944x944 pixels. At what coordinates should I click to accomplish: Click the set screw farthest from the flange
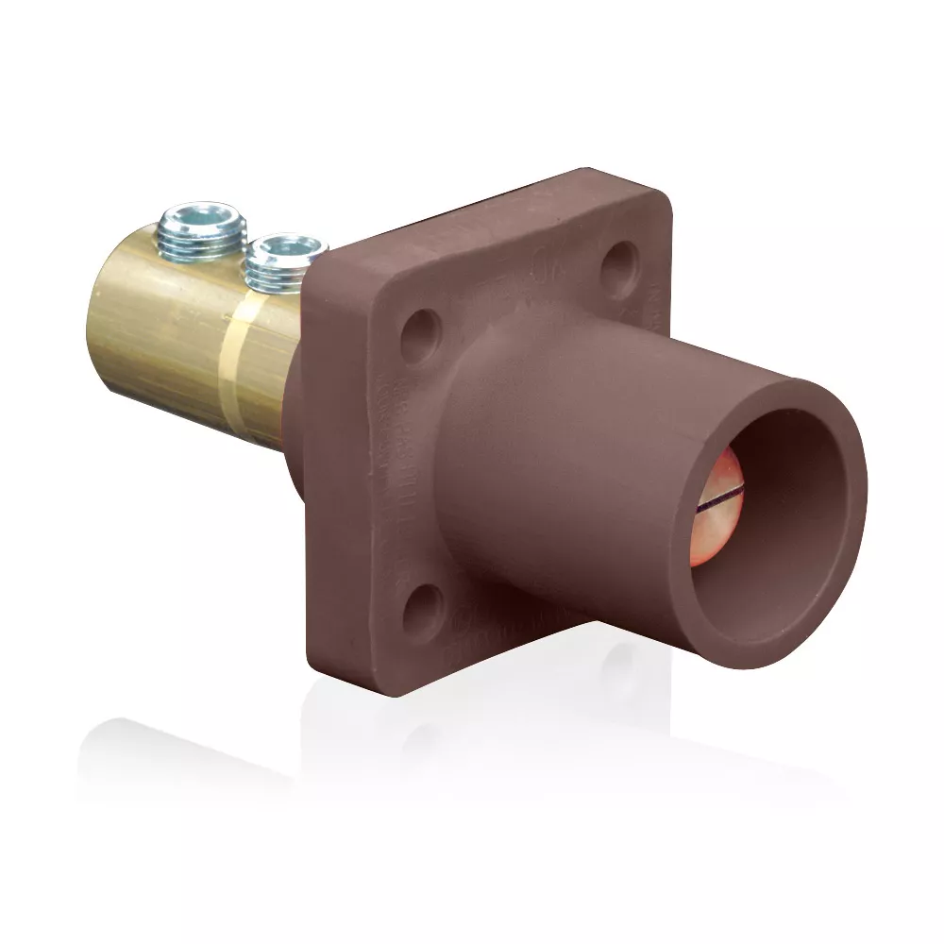click(x=203, y=231)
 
